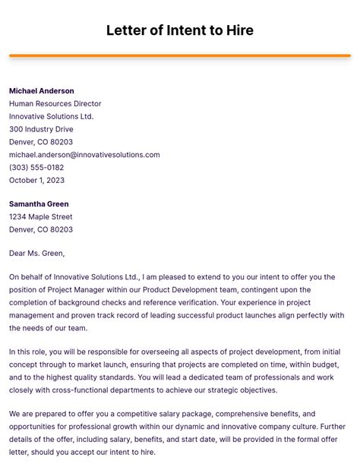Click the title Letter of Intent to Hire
tap(180, 30)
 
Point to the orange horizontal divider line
tap(180, 55)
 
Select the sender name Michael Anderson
tap(42, 91)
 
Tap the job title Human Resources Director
tap(55, 104)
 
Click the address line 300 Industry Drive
tap(41, 129)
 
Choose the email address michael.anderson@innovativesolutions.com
tap(84, 155)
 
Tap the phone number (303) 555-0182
tap(36, 168)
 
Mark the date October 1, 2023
tap(36, 181)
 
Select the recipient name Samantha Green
tap(39, 204)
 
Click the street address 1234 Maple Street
tap(41, 217)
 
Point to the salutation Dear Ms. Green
tap(36, 254)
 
